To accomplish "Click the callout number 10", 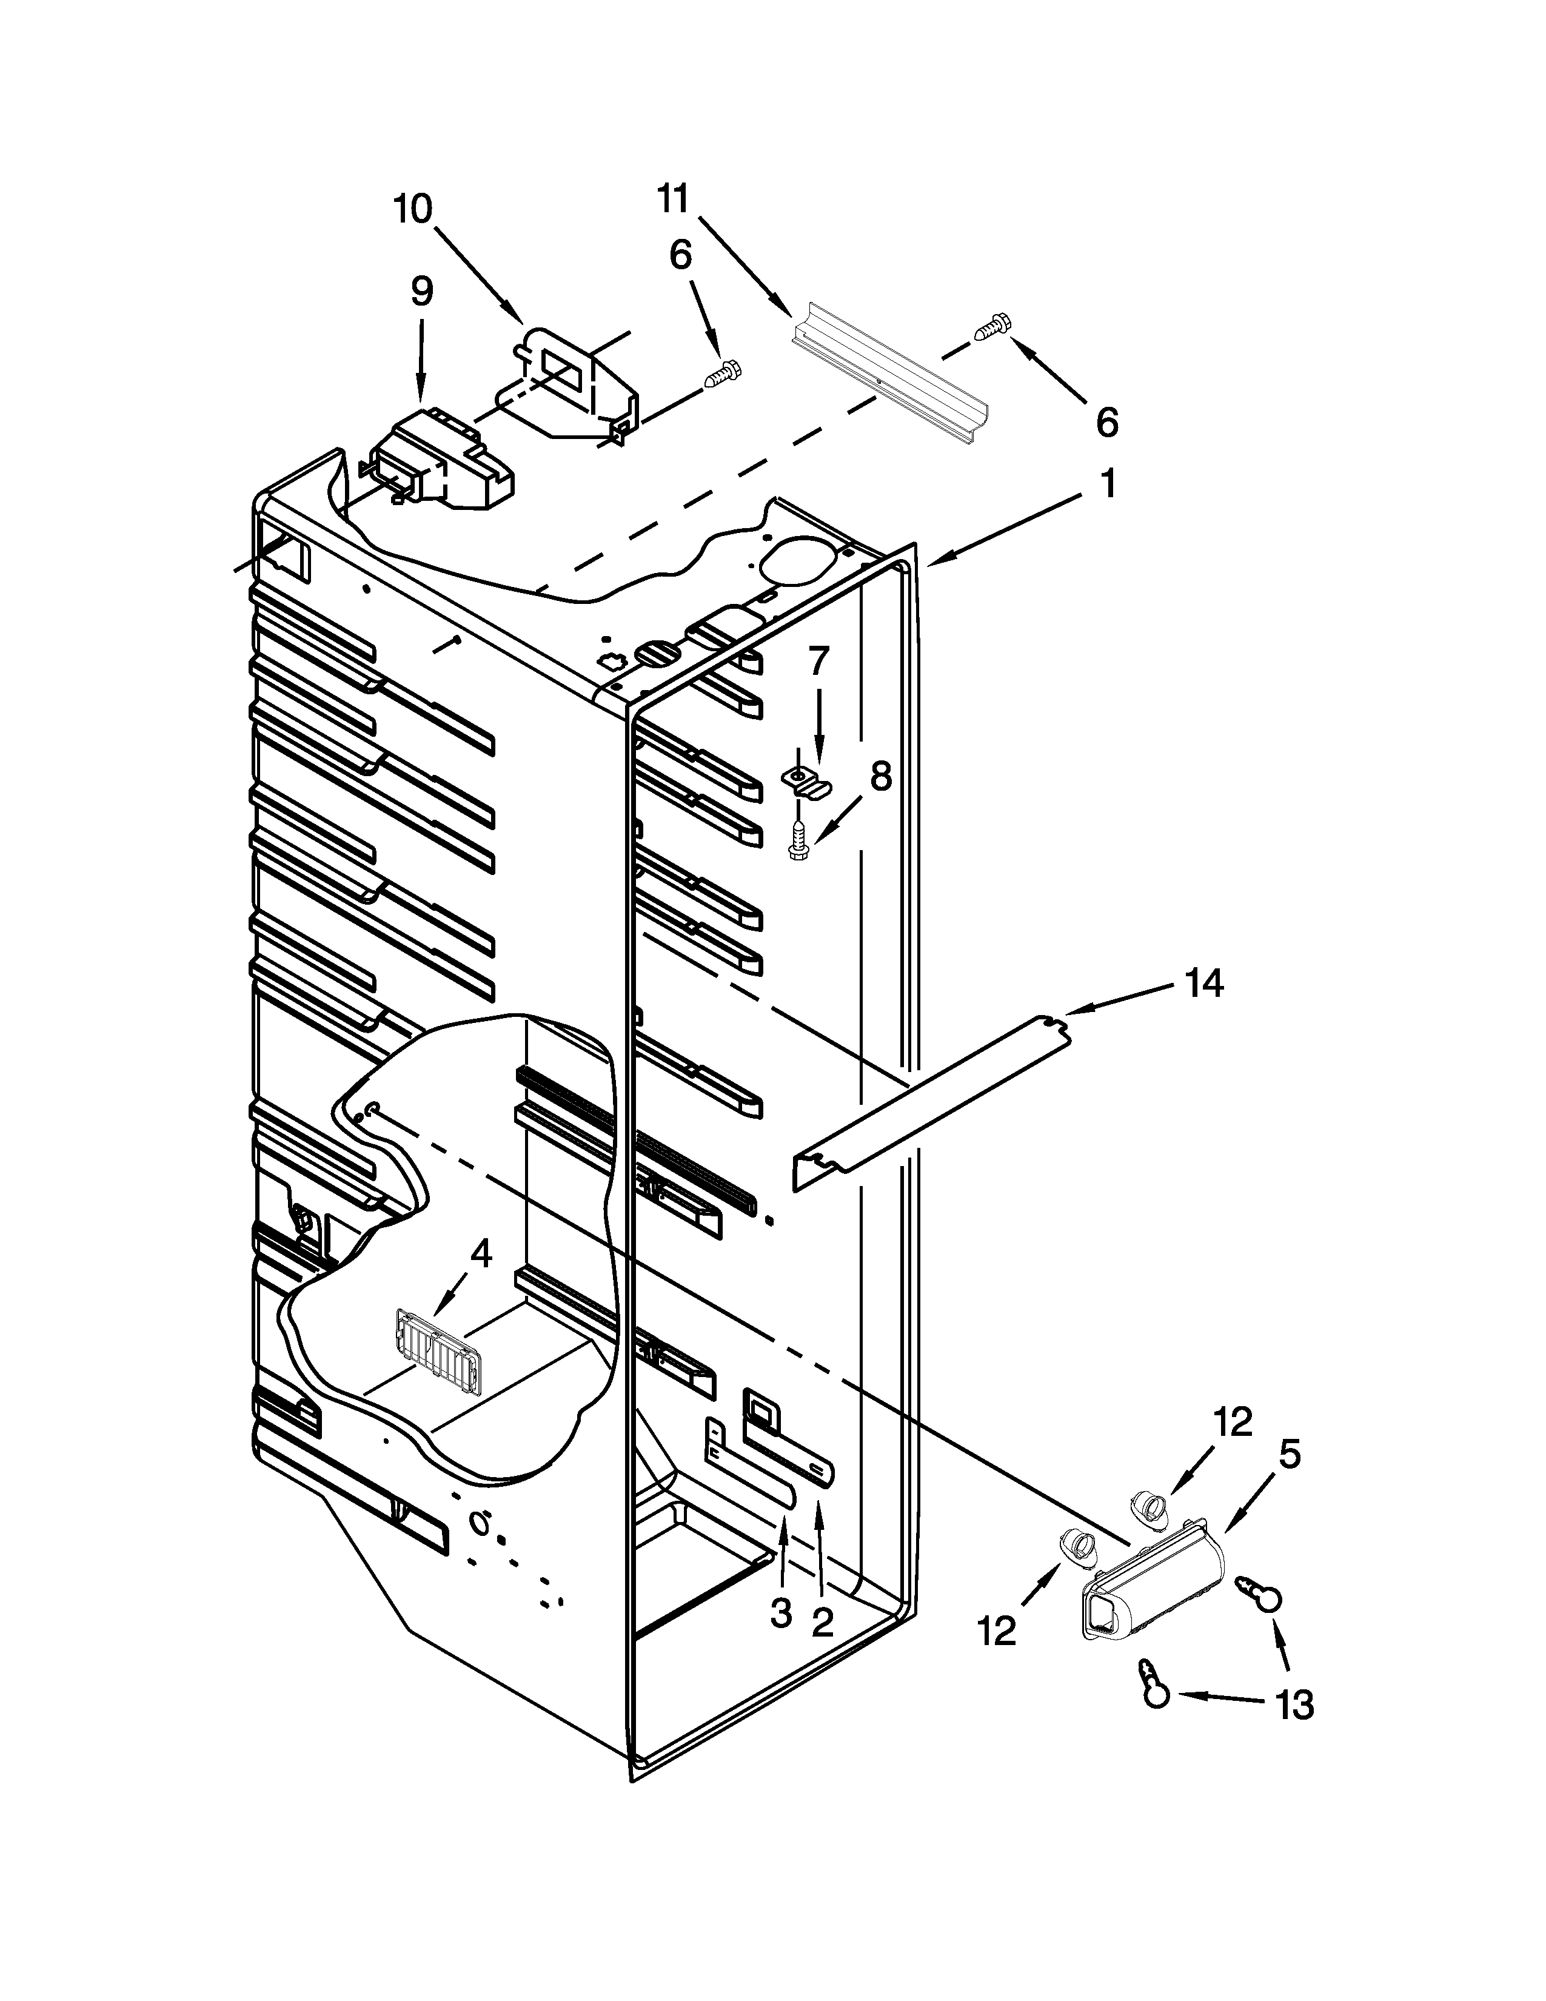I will (413, 209).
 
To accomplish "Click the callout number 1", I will (1108, 483).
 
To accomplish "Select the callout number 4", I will (481, 1253).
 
